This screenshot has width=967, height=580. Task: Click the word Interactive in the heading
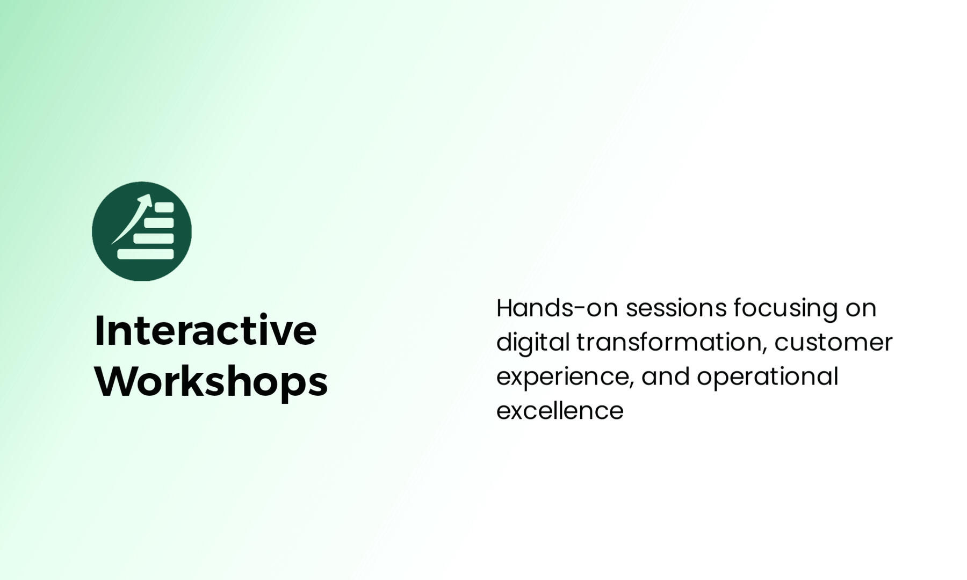pos(206,330)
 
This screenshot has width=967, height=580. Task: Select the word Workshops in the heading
pos(211,382)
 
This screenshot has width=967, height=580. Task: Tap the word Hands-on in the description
pos(558,308)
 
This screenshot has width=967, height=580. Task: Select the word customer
pos(833,343)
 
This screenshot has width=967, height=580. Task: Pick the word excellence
pos(560,411)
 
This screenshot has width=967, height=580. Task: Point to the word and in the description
pos(665,376)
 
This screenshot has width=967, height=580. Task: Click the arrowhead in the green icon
pos(145,200)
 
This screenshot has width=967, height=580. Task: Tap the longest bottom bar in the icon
pos(146,254)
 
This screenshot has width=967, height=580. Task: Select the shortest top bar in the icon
pos(164,207)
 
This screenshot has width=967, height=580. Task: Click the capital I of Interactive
pos(99,330)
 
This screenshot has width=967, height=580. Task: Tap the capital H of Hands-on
pos(506,308)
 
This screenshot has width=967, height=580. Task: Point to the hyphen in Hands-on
pos(580,309)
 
